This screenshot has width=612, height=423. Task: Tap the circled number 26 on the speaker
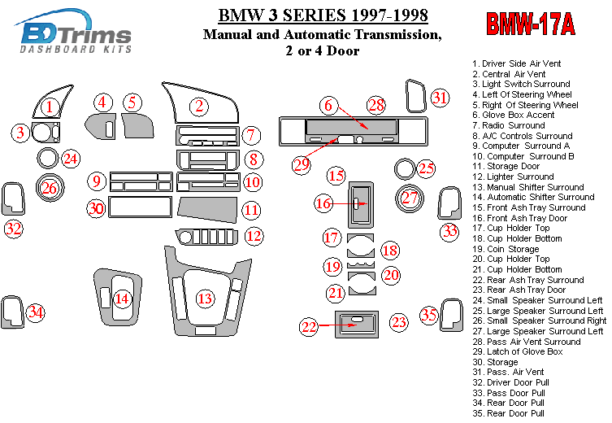point(50,188)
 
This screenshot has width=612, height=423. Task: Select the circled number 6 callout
point(328,105)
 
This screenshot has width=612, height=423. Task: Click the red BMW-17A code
point(530,25)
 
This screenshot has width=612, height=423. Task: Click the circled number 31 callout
point(440,98)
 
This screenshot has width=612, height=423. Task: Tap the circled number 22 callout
point(309,326)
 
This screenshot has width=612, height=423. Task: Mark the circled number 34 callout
point(36,312)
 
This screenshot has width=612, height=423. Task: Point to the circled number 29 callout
point(302,164)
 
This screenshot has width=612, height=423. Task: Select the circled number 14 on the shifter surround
point(122,299)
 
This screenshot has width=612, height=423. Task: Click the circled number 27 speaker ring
point(410,197)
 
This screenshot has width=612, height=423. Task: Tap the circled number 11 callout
point(252,211)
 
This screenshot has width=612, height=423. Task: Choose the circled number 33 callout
point(449,232)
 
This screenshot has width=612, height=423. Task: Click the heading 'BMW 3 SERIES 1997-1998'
point(323,15)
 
